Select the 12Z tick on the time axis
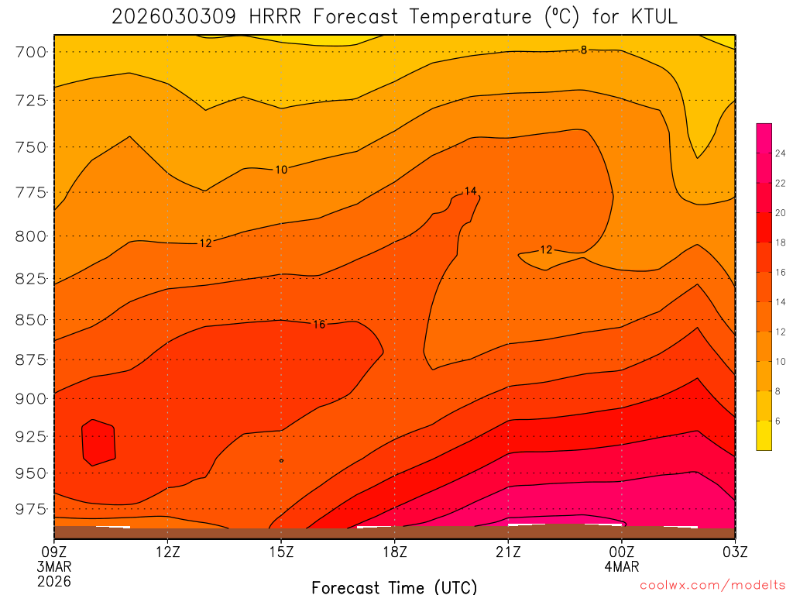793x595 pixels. (x=168, y=552)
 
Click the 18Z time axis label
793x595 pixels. (x=394, y=552)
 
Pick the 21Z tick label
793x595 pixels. (x=508, y=552)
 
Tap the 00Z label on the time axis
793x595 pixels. (x=622, y=552)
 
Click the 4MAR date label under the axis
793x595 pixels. (x=622, y=566)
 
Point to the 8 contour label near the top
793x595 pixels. (x=584, y=50)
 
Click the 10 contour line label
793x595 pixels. (x=281, y=170)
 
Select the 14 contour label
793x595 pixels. (x=470, y=191)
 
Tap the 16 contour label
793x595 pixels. (x=319, y=325)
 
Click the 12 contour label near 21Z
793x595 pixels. (x=547, y=250)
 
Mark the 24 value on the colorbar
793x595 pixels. (x=780, y=153)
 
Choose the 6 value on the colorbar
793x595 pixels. (x=778, y=421)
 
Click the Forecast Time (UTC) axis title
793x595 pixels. (x=394, y=586)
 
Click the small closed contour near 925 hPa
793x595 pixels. (x=99, y=442)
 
